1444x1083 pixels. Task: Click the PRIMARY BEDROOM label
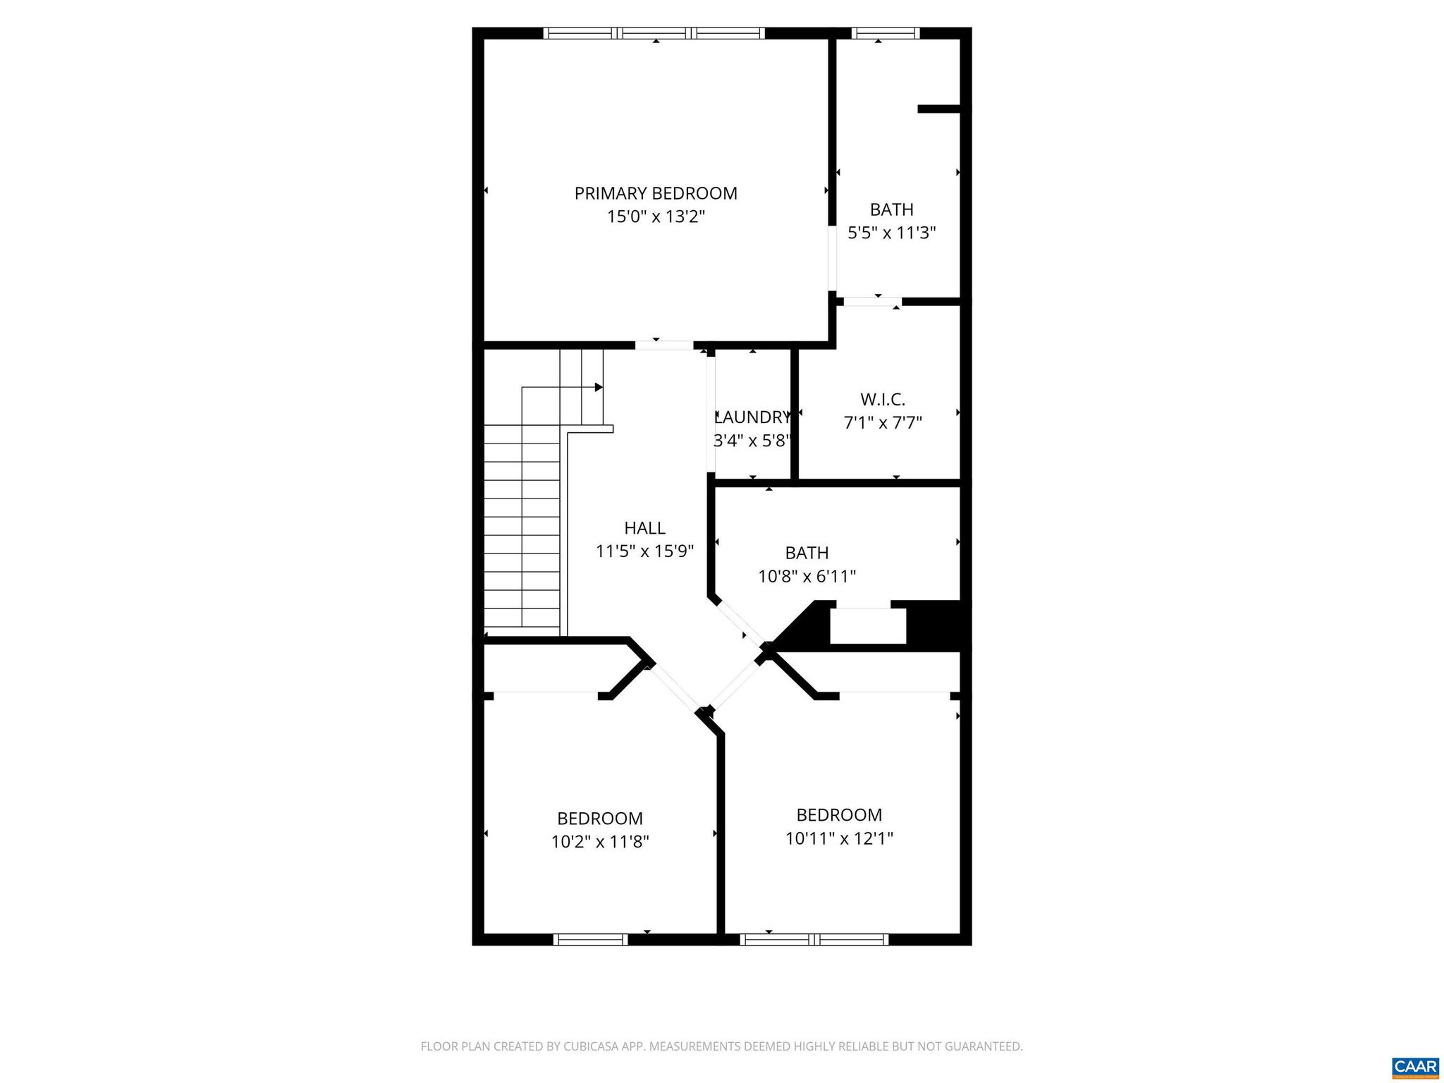[x=656, y=193]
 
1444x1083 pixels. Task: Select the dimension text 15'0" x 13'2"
[x=656, y=216]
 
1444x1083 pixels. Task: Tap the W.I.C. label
[x=883, y=400]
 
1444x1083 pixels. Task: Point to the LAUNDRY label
[x=752, y=417]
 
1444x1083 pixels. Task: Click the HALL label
[x=644, y=528]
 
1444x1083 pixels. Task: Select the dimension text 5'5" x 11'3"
[x=891, y=233]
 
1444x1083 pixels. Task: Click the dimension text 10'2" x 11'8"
[x=599, y=842]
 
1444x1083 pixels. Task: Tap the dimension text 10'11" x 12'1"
[x=839, y=838]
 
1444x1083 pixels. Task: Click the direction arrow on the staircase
[x=598, y=387]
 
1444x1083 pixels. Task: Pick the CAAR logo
[x=1416, y=1067]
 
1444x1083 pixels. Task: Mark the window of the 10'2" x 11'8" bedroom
[x=590, y=939]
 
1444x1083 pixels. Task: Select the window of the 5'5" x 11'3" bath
[x=886, y=33]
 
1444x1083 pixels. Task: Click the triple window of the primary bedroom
[x=654, y=33]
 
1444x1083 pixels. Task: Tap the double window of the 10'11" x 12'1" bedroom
[x=814, y=939]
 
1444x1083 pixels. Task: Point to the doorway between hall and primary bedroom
[x=664, y=345]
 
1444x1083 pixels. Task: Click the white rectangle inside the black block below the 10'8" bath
[x=867, y=626]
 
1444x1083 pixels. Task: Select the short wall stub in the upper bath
[x=939, y=109]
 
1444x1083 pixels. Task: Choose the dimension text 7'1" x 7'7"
[x=883, y=423]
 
